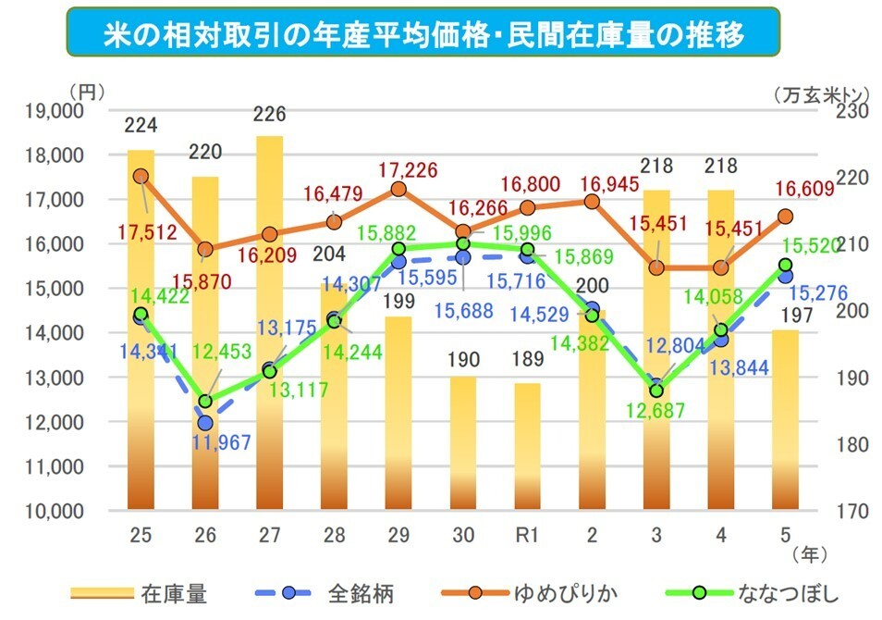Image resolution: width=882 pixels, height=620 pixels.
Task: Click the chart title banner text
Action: pyautogui.click(x=423, y=33)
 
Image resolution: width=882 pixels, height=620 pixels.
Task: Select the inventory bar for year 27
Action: pyautogui.click(x=269, y=324)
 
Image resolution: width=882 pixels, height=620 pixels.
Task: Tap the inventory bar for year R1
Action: pyautogui.click(x=527, y=445)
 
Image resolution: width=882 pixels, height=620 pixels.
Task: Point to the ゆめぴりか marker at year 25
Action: pyautogui.click(x=141, y=176)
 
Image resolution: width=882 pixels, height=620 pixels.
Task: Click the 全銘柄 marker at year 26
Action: pyautogui.click(x=205, y=423)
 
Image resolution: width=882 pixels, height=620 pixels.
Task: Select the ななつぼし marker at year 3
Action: pyautogui.click(x=656, y=391)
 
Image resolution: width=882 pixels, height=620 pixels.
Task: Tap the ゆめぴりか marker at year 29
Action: pyautogui.click(x=398, y=189)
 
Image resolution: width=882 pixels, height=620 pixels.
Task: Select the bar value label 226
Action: pyautogui.click(x=269, y=116)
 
